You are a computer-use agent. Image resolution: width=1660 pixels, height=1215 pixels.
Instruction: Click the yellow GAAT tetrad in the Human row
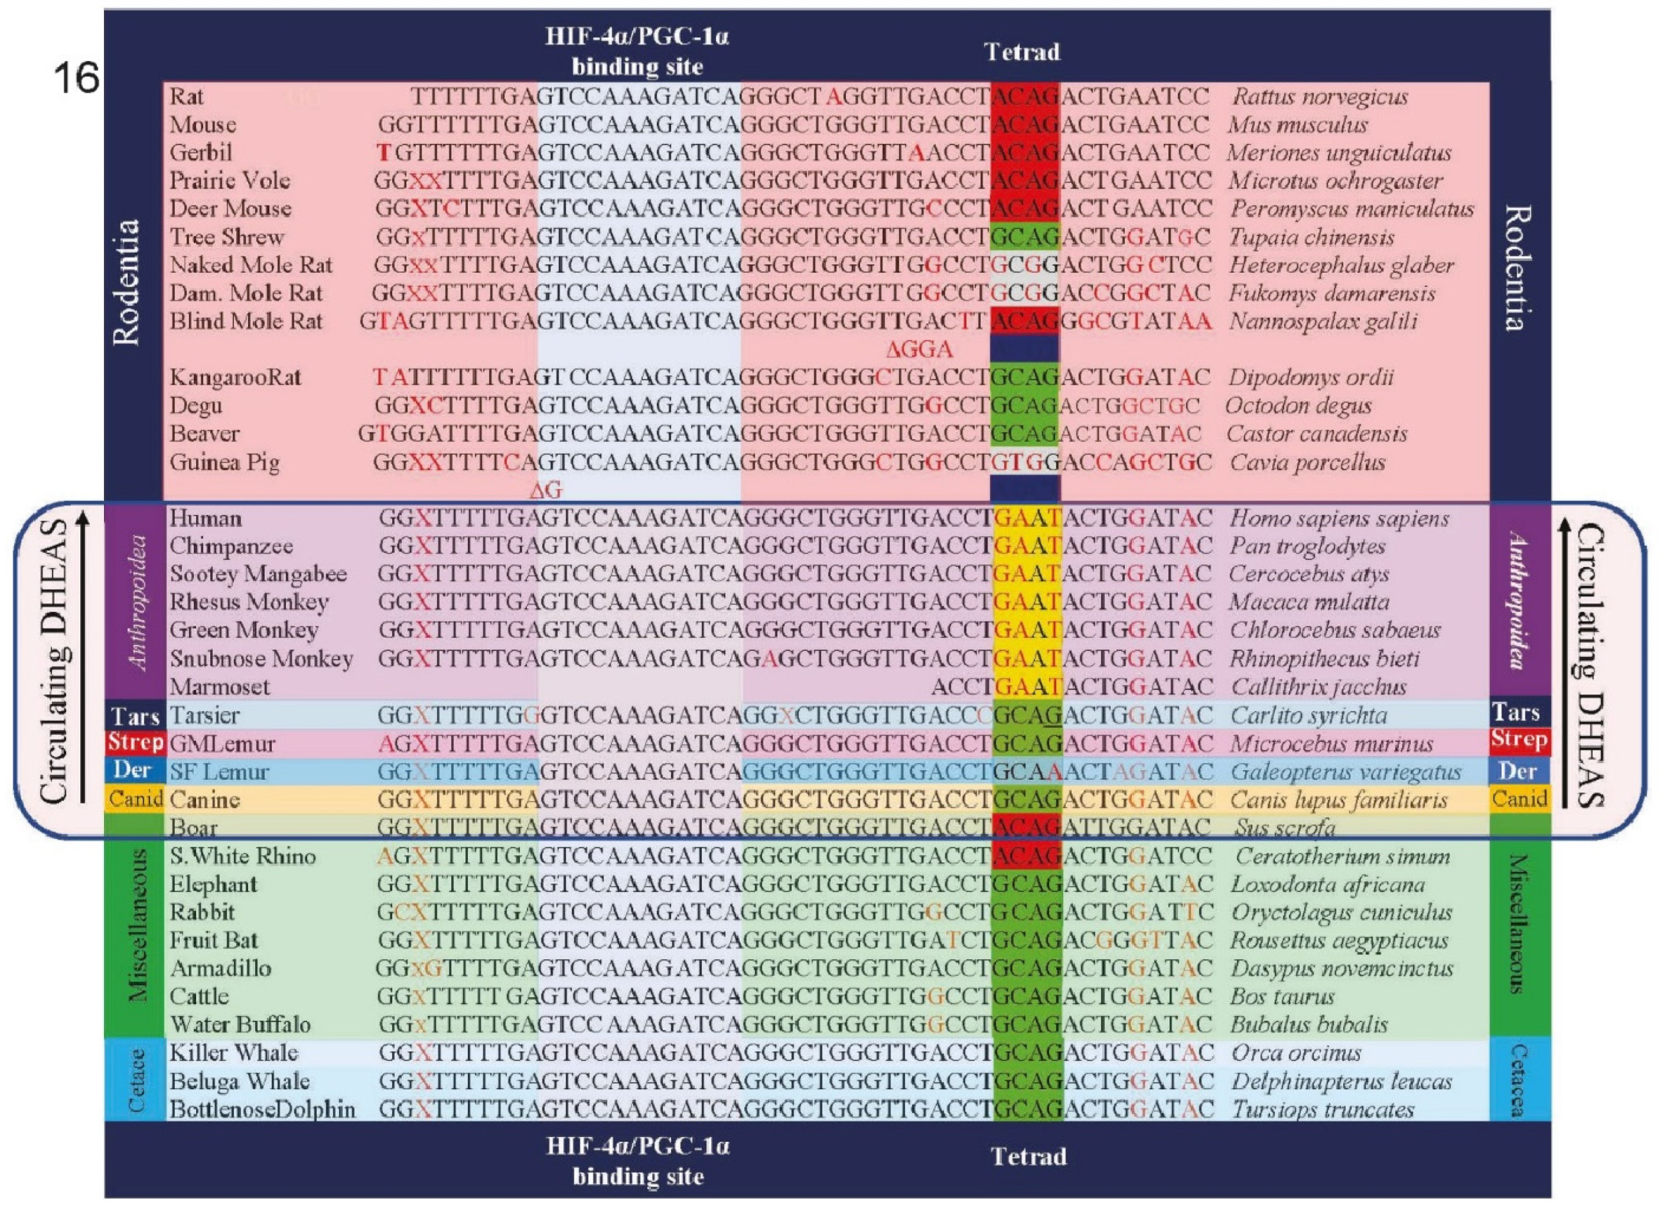click(1027, 519)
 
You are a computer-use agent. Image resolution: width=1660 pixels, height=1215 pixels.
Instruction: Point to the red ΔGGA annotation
click(919, 349)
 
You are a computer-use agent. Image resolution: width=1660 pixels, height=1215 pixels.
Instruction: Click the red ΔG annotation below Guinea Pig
click(546, 490)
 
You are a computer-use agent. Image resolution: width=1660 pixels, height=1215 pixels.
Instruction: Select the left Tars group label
click(135, 716)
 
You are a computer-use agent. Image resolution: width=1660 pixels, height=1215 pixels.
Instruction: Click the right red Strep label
click(1519, 740)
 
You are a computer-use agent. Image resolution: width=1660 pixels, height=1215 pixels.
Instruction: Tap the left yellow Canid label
click(135, 799)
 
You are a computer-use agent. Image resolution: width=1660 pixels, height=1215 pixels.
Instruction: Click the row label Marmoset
click(219, 687)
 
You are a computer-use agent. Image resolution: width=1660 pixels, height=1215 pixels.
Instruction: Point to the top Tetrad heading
click(1021, 52)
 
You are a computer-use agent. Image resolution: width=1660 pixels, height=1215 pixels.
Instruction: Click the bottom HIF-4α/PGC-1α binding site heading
click(637, 1161)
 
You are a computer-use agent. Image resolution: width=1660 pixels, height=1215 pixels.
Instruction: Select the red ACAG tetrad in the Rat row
click(1026, 96)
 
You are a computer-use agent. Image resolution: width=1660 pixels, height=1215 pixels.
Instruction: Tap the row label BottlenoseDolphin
click(262, 1110)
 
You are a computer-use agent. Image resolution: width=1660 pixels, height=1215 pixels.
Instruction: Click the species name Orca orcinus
click(1295, 1053)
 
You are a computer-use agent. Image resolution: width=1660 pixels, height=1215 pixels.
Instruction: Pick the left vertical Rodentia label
click(126, 282)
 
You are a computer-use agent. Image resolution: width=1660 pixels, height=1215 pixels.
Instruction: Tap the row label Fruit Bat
click(214, 941)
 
